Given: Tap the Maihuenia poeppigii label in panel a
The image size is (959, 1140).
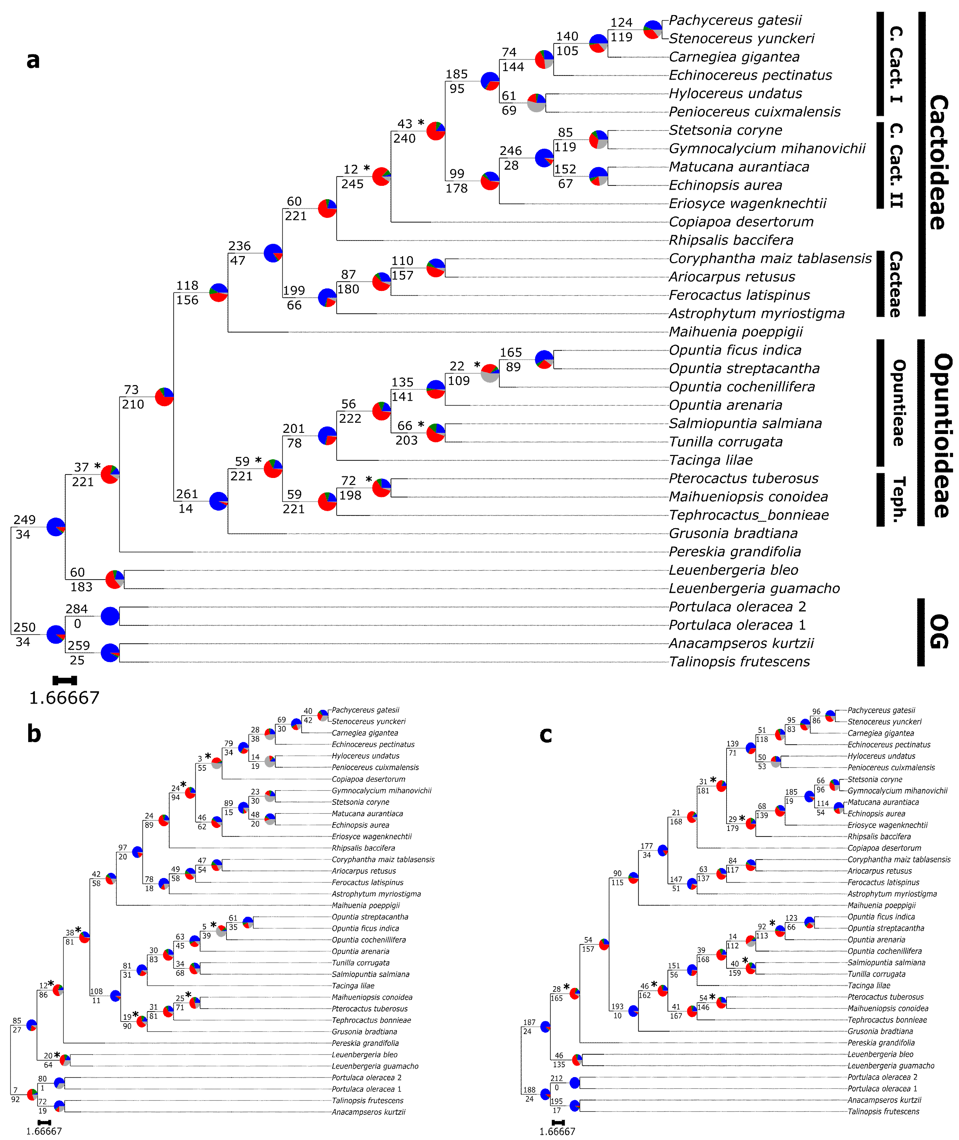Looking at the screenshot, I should (x=735, y=332).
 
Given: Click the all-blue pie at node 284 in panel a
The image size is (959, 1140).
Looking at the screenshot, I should (x=110, y=616).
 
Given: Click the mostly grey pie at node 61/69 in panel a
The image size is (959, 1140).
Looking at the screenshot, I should (x=536, y=103).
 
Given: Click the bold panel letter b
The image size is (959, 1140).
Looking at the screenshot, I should (x=34, y=734).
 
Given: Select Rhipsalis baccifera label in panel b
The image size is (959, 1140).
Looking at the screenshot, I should (x=363, y=848).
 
